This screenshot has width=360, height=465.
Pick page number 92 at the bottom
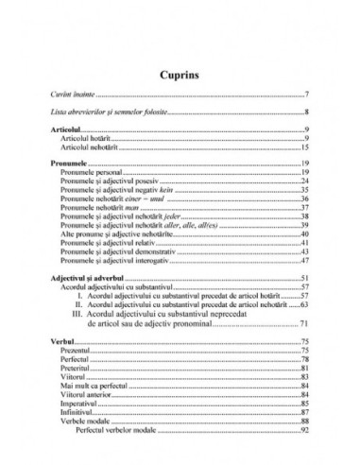[x=306, y=431]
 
